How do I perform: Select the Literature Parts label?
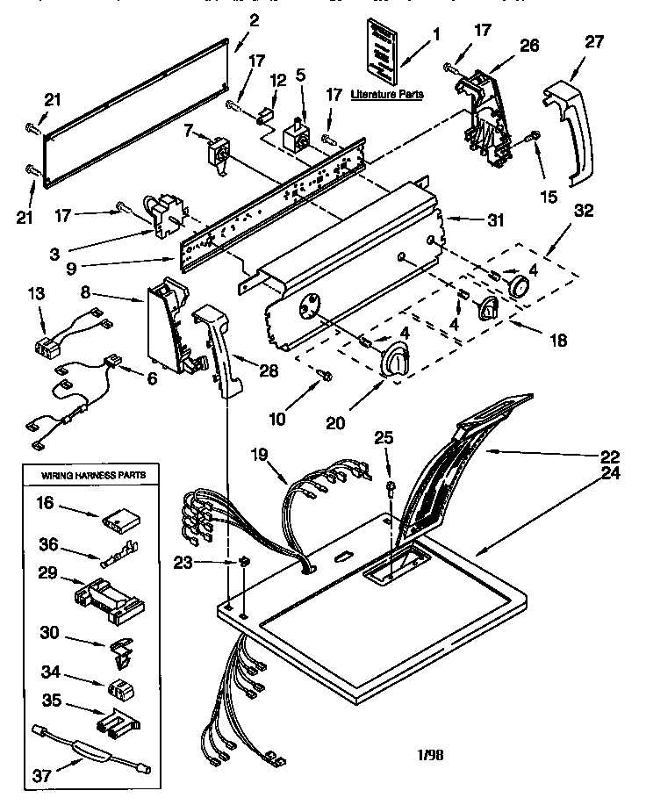point(386,94)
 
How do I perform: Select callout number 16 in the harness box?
point(45,503)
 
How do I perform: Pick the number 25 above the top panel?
point(384,437)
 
